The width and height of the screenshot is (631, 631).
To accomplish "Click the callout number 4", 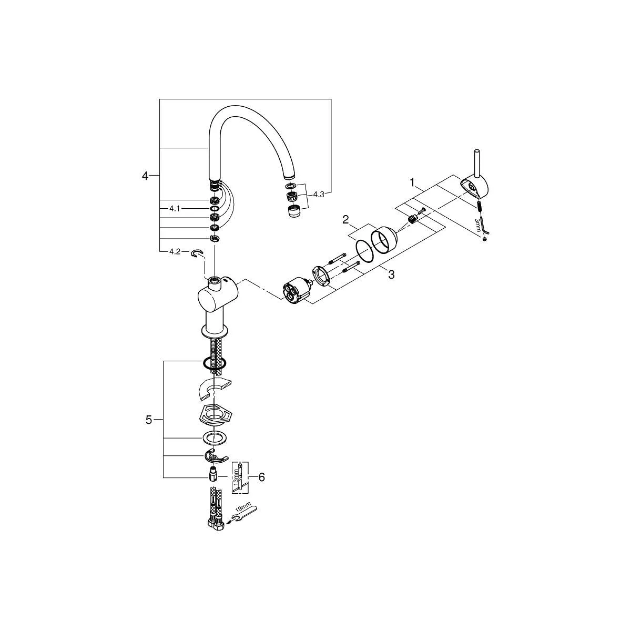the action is (x=145, y=176).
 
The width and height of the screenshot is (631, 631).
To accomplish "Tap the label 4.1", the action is (x=175, y=209).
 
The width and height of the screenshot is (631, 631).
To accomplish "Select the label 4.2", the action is (x=175, y=252).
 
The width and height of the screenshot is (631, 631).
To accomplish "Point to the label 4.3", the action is (x=319, y=195).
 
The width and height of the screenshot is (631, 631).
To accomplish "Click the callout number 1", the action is (x=412, y=182).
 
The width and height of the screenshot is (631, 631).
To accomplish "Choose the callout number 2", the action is (x=346, y=220).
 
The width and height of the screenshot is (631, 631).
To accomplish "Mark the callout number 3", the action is (x=391, y=274).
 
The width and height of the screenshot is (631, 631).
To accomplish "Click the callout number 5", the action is (x=149, y=420).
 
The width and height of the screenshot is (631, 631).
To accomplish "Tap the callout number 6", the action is (x=262, y=477).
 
